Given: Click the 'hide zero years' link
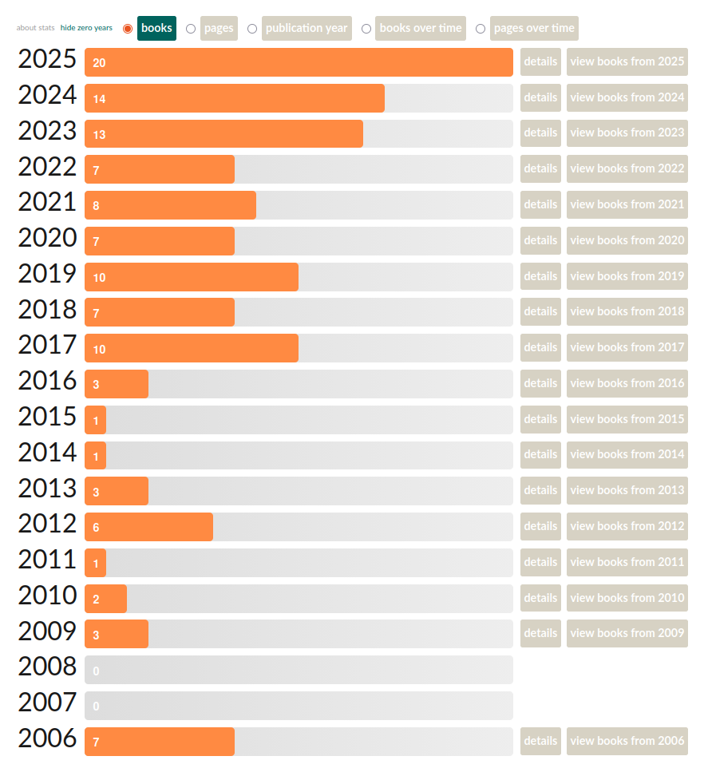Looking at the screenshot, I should (x=86, y=28).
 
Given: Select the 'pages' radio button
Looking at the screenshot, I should (x=191, y=29).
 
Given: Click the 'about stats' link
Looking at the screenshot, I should (x=36, y=28).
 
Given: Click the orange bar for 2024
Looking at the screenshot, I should (x=234, y=98).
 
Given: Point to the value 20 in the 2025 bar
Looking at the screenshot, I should (x=99, y=63).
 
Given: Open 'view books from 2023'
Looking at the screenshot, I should (x=627, y=133).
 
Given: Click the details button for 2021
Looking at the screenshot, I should (x=540, y=204).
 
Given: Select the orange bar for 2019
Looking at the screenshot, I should (x=192, y=277).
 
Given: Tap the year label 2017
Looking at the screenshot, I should (x=47, y=346).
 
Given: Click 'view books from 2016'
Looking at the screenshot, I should (x=627, y=383).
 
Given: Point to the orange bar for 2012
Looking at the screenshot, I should (x=148, y=527).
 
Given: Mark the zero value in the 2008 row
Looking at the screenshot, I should (x=97, y=671).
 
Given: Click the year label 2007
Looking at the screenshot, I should (x=47, y=703).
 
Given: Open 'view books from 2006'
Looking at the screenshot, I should (x=627, y=741).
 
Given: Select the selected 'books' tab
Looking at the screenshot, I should (x=156, y=28).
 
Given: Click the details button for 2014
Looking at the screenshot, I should (x=540, y=454).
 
